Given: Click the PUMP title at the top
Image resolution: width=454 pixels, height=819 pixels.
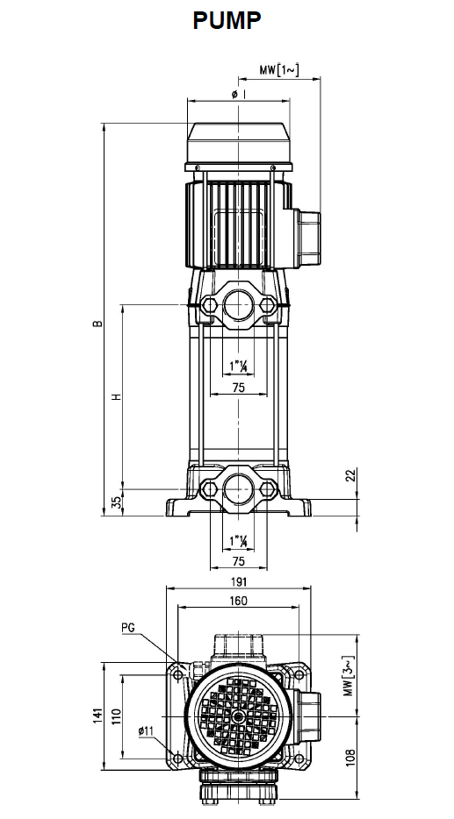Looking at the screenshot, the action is (227, 21).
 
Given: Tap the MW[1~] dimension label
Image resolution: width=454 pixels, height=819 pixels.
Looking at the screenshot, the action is (279, 69).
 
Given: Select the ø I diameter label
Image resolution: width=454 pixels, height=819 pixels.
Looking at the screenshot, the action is (239, 94).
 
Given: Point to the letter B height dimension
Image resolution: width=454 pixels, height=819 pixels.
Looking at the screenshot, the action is (97, 324).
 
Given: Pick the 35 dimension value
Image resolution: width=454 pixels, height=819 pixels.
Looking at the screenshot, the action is (117, 502).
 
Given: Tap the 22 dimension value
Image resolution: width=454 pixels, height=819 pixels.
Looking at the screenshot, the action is (351, 474).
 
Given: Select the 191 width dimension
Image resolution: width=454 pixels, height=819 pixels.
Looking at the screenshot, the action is (238, 581).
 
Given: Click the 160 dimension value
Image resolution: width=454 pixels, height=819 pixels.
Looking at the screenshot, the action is (238, 601).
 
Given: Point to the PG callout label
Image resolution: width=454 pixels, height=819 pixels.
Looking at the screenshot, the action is (128, 628).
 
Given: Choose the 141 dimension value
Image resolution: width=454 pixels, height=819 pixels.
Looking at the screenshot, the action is (97, 716).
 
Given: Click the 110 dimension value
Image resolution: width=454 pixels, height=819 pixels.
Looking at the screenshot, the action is (116, 716).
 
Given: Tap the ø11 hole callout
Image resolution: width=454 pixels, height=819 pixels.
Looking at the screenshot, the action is (146, 730).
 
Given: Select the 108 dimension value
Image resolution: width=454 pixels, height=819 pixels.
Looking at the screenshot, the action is (351, 758).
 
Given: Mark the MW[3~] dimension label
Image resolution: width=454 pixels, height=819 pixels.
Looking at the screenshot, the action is (350, 676).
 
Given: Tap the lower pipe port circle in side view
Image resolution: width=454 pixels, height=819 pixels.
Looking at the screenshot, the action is (238, 489).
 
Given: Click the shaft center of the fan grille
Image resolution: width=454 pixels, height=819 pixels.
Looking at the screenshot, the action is (239, 716).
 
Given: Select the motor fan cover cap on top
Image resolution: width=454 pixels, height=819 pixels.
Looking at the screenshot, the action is (238, 142).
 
